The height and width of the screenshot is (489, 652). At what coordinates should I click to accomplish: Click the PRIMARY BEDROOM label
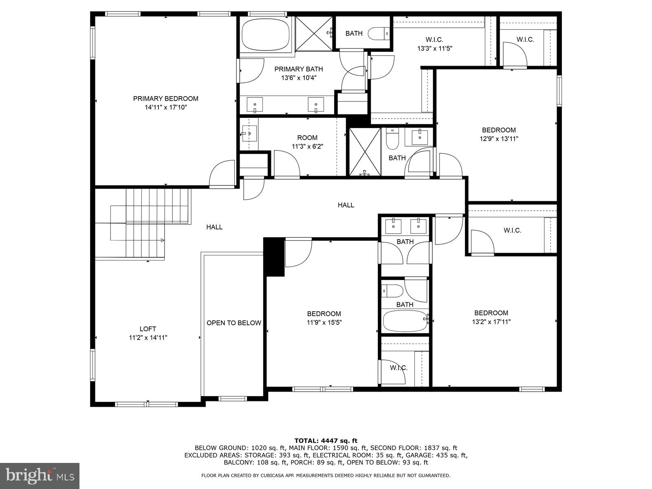click(165, 99)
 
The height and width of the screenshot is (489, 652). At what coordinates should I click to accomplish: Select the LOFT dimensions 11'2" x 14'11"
click(148, 337)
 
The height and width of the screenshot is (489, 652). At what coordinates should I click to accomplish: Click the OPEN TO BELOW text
click(233, 323)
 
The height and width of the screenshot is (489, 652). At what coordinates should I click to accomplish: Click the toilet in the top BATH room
click(379, 33)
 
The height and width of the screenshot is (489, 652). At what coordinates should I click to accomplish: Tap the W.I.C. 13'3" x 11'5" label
click(434, 44)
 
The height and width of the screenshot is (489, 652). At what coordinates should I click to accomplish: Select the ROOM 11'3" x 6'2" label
click(307, 142)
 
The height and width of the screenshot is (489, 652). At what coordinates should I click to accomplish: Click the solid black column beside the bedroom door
click(274, 257)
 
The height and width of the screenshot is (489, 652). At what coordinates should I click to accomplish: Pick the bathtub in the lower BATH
click(405, 321)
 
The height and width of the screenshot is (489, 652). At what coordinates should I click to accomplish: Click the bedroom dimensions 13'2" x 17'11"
click(491, 322)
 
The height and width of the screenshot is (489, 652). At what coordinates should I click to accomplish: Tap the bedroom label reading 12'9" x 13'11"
click(499, 139)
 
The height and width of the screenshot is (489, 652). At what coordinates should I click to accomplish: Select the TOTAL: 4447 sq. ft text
click(326, 441)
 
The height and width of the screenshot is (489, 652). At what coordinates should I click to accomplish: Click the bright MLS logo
click(40, 475)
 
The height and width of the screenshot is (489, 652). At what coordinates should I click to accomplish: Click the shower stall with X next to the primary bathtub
click(314, 33)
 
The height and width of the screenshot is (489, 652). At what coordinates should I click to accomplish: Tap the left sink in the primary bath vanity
click(255, 104)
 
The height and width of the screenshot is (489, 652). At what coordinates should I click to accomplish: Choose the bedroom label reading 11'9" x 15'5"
click(324, 318)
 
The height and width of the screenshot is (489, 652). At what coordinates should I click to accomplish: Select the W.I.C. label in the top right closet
click(525, 40)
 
